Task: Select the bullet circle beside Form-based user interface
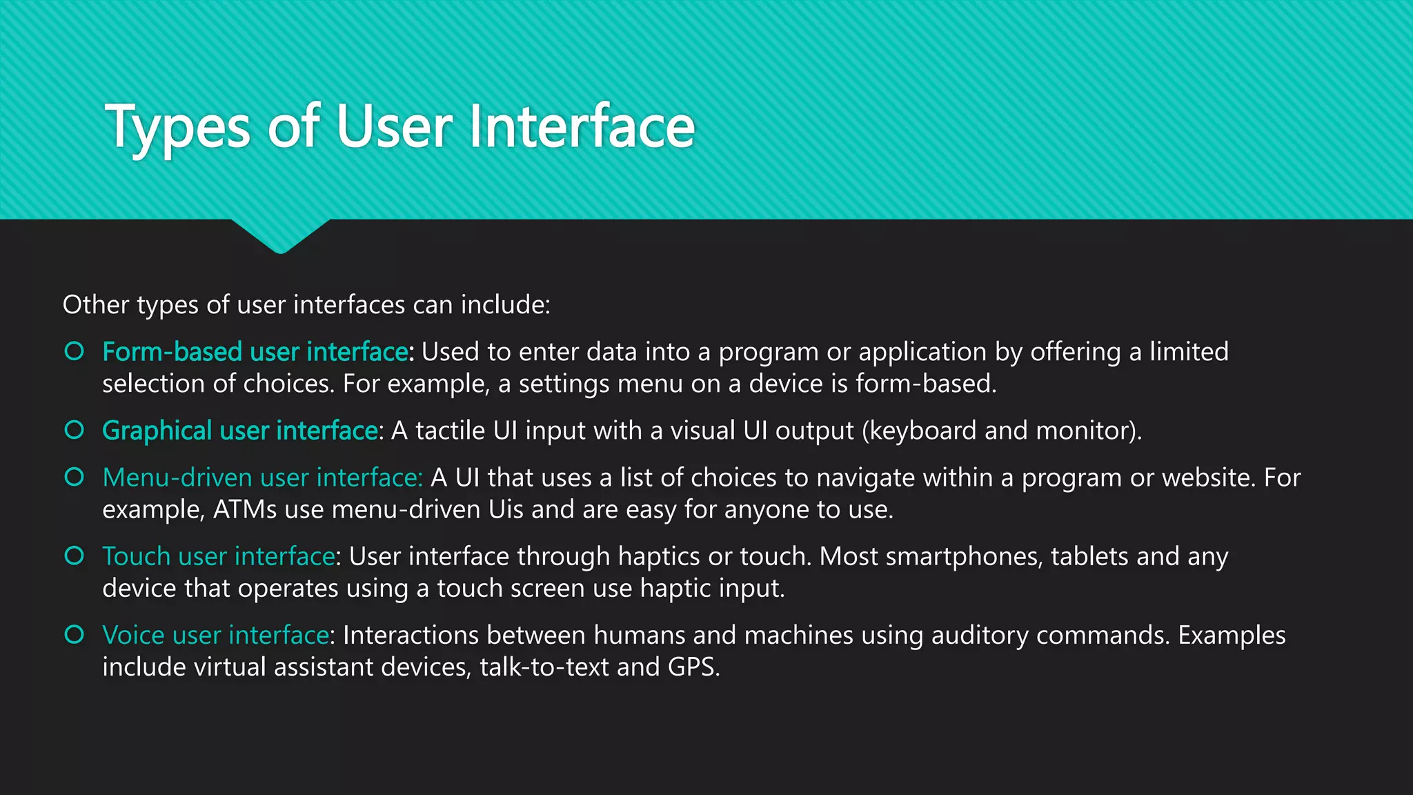[x=74, y=351]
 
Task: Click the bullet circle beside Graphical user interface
[x=74, y=430]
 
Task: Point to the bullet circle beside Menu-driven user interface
[x=74, y=477]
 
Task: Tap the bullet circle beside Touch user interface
[x=74, y=556]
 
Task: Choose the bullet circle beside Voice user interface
[x=74, y=634]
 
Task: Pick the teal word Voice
[x=133, y=635]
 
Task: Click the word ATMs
[x=245, y=510]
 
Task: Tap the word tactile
[x=450, y=431]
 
